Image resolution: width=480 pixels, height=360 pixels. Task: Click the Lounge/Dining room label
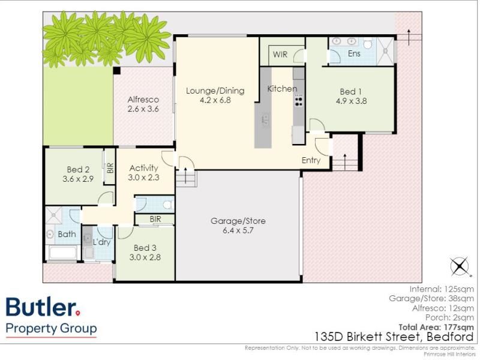[215, 91]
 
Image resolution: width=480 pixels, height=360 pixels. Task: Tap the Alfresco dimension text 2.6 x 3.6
[143, 109]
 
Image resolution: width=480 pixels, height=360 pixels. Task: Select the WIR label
[280, 55]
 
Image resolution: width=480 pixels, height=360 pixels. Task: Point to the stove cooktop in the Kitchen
[298, 101]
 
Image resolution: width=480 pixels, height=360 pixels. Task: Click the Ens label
[354, 53]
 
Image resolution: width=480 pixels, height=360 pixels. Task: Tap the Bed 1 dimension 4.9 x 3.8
[351, 101]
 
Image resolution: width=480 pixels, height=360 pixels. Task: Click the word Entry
[311, 160]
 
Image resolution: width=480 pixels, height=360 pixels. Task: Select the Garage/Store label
[238, 221]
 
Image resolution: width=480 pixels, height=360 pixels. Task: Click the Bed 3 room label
[145, 248]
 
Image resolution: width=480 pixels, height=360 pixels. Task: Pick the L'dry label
[101, 242]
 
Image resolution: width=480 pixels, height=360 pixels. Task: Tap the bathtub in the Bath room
[63, 253]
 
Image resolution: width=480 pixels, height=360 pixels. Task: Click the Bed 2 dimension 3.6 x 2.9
[78, 179]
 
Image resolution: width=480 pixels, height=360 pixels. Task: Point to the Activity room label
[143, 168]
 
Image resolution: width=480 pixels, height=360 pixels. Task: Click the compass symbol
[460, 266]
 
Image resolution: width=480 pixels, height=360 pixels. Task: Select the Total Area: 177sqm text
[436, 327]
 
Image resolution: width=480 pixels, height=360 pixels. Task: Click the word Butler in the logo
[41, 307]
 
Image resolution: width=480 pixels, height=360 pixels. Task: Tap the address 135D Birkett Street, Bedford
[394, 337]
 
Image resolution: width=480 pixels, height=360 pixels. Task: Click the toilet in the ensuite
[368, 43]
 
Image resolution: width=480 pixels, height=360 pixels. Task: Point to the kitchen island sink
[265, 119]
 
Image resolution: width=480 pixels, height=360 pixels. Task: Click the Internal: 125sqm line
[442, 289]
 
